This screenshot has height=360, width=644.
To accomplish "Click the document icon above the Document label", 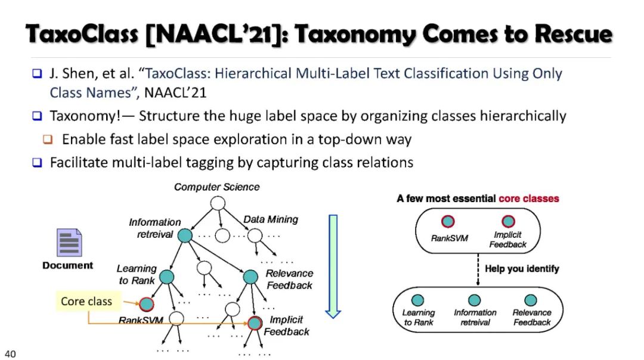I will [69, 243].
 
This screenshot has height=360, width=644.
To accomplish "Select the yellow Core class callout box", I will [86, 301].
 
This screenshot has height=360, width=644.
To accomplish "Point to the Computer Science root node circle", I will [217, 203].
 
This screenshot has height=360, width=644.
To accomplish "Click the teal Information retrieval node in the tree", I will [185, 236].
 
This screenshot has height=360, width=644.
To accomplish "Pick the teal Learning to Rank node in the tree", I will [166, 277].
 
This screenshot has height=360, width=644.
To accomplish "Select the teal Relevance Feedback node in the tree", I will [250, 277].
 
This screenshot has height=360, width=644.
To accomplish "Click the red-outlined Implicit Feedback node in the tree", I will [255, 324].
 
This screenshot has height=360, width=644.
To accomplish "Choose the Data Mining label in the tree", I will [271, 219].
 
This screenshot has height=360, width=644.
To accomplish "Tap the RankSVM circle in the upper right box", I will [448, 222].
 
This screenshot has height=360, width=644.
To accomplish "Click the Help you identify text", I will [522, 269].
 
